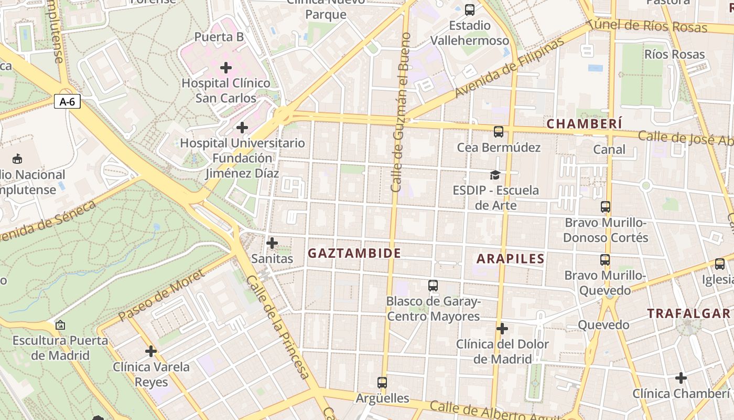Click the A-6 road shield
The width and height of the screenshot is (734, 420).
(x=67, y=102)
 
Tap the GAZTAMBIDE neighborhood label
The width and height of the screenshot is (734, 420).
(x=354, y=253)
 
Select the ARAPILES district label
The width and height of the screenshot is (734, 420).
(x=511, y=258)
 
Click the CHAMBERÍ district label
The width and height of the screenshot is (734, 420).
(x=585, y=124)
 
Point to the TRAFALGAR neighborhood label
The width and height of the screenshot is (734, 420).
(x=688, y=313)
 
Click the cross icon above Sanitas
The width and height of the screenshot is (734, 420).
(x=272, y=243)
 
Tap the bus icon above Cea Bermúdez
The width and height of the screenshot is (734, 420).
(x=498, y=132)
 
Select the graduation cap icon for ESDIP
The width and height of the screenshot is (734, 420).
(x=495, y=174)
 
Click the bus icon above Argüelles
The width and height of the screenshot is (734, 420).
(x=382, y=382)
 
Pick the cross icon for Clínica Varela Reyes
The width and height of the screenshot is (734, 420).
(x=151, y=351)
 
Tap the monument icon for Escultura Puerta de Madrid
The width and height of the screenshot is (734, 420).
(x=60, y=325)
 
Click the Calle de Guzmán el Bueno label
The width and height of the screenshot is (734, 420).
(x=401, y=111)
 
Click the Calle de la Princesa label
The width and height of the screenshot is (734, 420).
(x=278, y=327)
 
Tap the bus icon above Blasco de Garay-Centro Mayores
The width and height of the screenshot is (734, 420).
(x=433, y=286)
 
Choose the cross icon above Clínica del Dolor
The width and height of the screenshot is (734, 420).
(x=502, y=329)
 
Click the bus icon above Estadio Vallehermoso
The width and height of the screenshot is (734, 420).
(x=470, y=9)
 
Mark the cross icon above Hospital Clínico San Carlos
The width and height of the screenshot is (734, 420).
(x=226, y=68)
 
